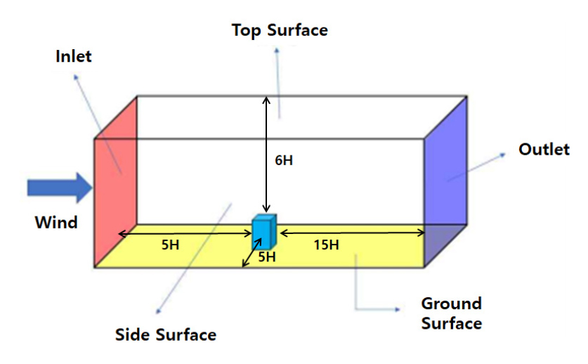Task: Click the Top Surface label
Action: click(280, 30)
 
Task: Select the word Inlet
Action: click(74, 57)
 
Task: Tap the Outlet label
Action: click(544, 150)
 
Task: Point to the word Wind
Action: click(56, 223)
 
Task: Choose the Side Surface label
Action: click(166, 334)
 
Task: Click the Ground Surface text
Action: click(452, 313)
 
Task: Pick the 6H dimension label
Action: click(284, 161)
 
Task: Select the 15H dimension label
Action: click(326, 245)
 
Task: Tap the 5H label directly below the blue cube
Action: click(267, 257)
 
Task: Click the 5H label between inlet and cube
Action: click(170, 245)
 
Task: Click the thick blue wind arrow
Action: click(60, 188)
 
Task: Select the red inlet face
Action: click(115, 181)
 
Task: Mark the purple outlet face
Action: click(445, 181)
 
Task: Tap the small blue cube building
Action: click(264, 232)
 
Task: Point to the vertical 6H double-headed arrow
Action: click(266, 154)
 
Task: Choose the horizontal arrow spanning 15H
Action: click(353, 233)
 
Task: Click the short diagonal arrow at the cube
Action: click(252, 252)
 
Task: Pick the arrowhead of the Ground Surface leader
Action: click(398, 309)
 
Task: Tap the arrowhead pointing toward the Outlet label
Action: click(503, 155)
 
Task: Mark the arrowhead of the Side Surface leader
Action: click(158, 311)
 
